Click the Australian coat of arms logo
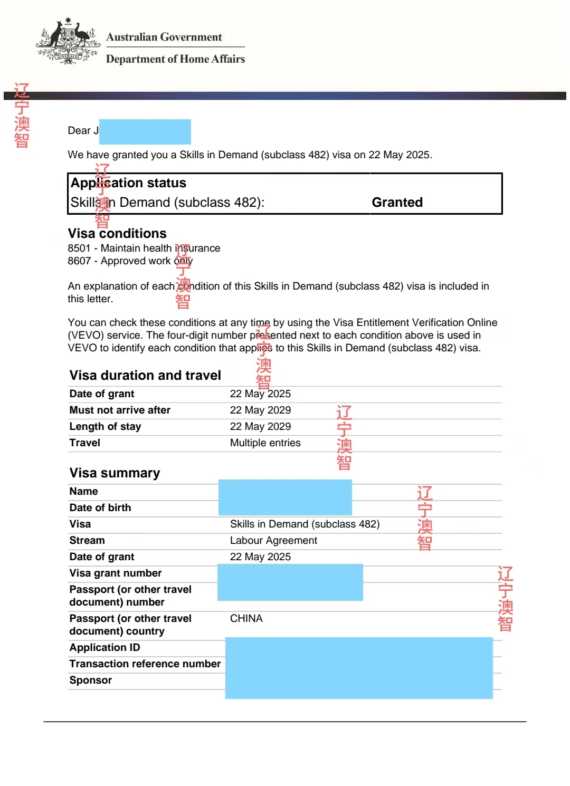click(x=68, y=42)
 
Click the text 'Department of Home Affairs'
click(x=175, y=59)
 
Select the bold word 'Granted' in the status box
click(x=397, y=203)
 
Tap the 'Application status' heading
click(x=128, y=183)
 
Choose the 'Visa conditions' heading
click(x=117, y=233)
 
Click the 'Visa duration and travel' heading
click(x=145, y=375)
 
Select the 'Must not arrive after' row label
click(x=120, y=410)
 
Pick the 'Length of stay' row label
click(x=105, y=426)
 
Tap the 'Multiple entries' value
click(x=265, y=443)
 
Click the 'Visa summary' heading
click(x=115, y=473)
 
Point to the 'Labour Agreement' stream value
click(x=273, y=540)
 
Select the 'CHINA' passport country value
click(x=246, y=618)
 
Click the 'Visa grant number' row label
click(x=115, y=573)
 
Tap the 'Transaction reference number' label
click(x=145, y=664)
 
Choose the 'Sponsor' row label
click(x=90, y=680)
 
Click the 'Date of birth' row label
click(x=100, y=507)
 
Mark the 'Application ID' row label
click(x=104, y=647)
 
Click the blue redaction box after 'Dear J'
click(x=145, y=131)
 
